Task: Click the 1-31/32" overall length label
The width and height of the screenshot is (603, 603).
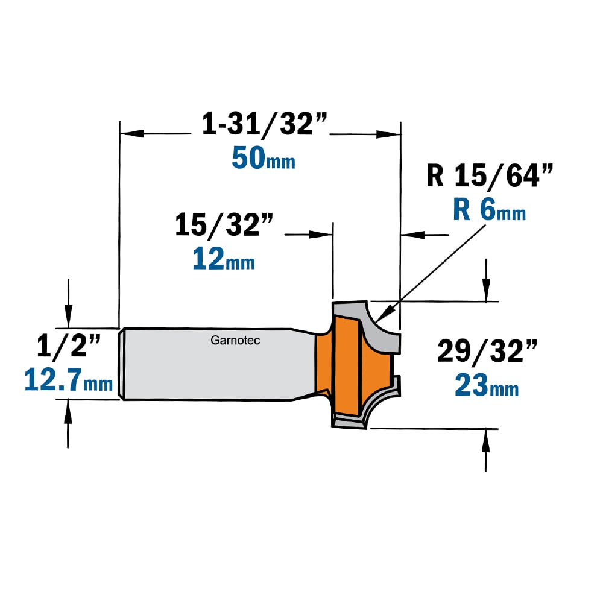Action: coord(265,124)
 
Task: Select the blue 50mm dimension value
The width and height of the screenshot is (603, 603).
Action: coord(264,159)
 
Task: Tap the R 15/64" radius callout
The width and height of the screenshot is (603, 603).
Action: coord(490,176)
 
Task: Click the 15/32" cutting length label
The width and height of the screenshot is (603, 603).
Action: coord(224,224)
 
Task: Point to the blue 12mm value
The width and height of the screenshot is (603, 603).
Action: coord(224,259)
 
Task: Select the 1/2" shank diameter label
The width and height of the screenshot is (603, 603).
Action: coord(69,346)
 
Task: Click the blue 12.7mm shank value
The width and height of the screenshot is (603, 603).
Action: coord(69,380)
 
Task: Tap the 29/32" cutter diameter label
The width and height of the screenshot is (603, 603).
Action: coord(487,351)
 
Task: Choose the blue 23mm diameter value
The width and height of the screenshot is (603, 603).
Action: coord(487,385)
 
